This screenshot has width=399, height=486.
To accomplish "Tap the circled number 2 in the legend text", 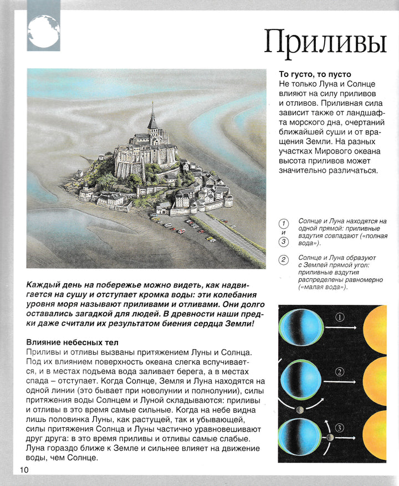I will pos(284,260).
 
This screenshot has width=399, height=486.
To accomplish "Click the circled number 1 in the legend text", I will pos(284,223).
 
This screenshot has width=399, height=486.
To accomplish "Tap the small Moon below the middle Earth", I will pos(299,410).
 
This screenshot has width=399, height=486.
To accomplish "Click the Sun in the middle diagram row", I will pos(385,383).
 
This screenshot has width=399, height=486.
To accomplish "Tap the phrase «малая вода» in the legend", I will pos(323,287).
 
